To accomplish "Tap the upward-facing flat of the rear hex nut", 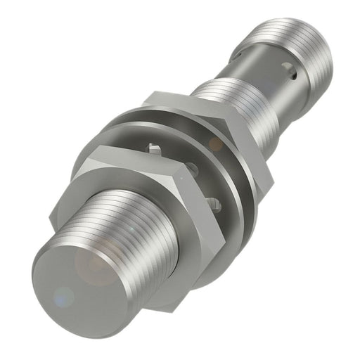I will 190,98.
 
